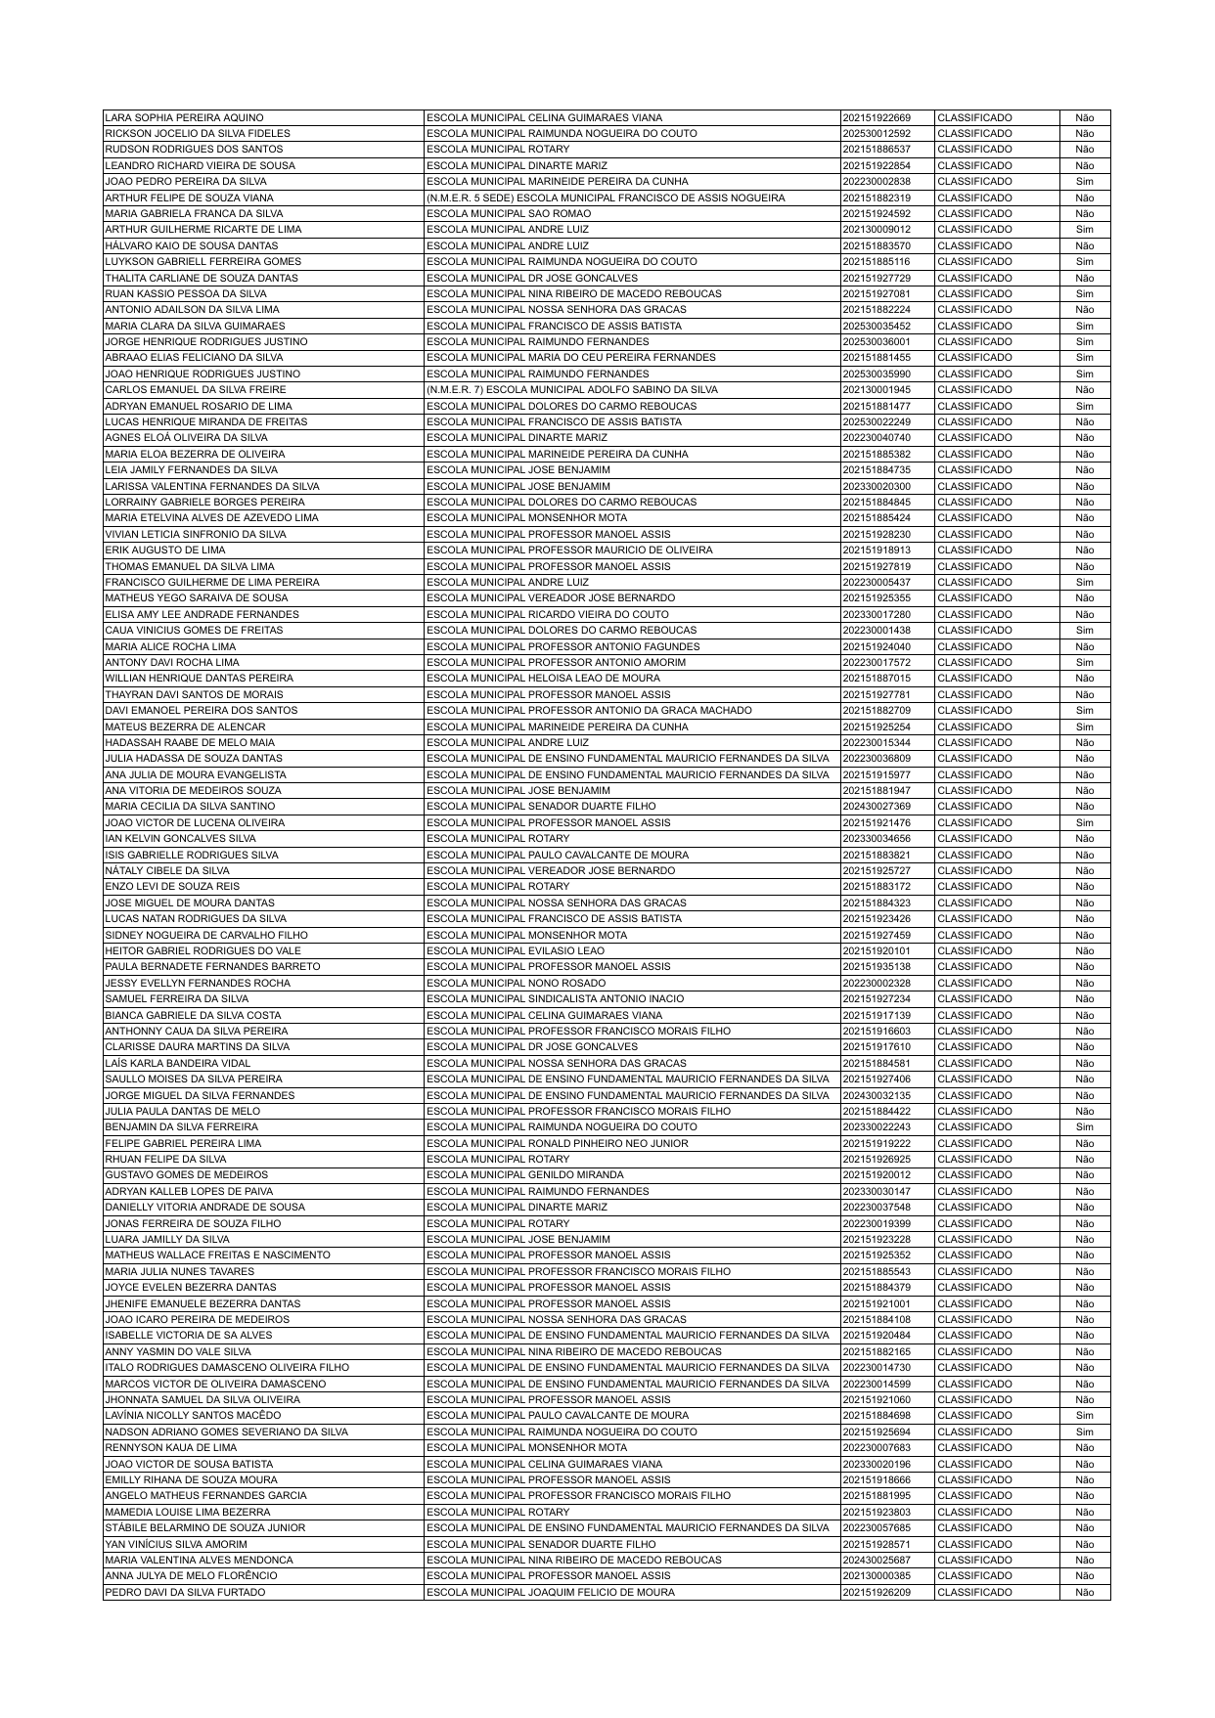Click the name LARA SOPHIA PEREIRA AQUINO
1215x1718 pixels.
pos(184,117)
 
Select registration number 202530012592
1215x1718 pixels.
pos(876,133)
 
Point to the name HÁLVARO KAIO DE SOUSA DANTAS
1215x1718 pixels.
pos(192,245)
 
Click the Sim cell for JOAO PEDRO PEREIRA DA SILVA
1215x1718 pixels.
pos(1084,182)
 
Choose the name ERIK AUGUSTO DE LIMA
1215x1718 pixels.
pos(152,551)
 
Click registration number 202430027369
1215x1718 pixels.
pos(876,807)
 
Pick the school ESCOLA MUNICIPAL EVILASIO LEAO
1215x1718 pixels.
pos(516,950)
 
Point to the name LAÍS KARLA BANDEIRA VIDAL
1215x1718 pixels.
pos(178,1063)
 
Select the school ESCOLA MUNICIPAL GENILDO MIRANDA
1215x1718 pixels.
pos(525,1175)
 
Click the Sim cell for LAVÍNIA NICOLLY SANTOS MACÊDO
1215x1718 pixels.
pos(1084,1416)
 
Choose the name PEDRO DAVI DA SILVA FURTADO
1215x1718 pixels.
pos(185,1592)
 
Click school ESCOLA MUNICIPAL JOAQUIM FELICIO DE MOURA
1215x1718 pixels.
pos(551,1592)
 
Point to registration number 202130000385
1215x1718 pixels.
pos(876,1576)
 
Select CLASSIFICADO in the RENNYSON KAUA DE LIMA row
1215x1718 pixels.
pos(974,1448)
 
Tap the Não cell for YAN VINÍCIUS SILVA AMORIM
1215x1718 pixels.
pos(1084,1544)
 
